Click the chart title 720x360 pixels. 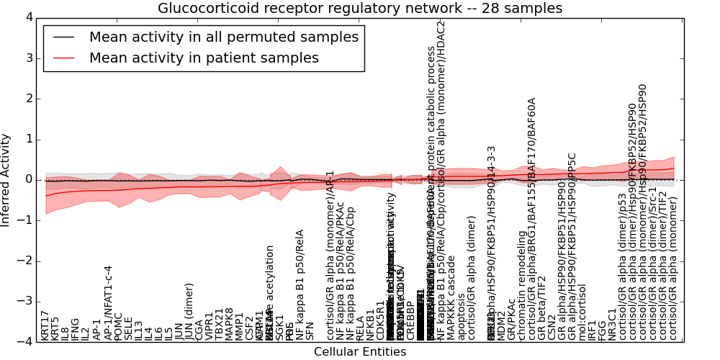click(x=360, y=8)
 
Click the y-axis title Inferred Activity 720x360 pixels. click(x=6, y=179)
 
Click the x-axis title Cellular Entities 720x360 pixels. click(x=360, y=352)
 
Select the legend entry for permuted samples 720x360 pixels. click(x=223, y=37)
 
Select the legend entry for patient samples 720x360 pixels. click(x=204, y=58)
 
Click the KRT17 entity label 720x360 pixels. click(x=45, y=325)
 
